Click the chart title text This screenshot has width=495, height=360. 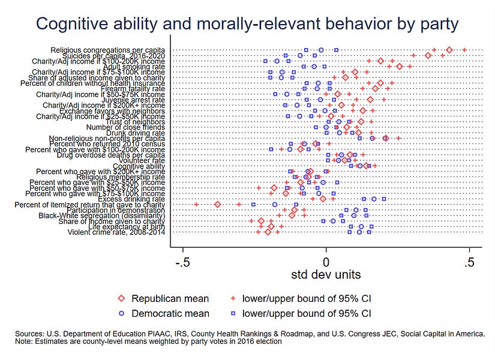247,23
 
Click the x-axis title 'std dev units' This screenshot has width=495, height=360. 326,274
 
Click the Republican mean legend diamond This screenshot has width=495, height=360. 121,298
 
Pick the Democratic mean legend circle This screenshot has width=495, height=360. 121,313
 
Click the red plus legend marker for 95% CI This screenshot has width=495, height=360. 232,298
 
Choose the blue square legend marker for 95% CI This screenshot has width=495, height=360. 232,313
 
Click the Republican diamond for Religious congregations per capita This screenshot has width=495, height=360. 449,50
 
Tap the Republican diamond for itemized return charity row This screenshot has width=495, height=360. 218,205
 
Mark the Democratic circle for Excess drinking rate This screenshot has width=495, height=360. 373,199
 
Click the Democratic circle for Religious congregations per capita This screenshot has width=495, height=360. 321,50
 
